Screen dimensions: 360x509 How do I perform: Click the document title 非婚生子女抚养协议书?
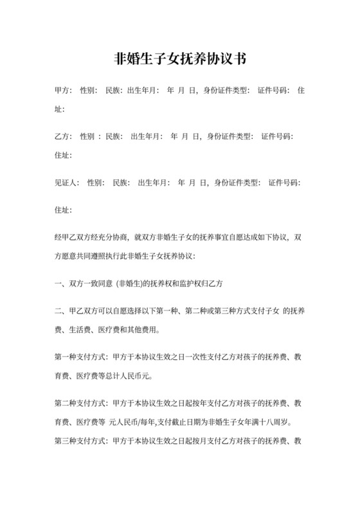coord(180,59)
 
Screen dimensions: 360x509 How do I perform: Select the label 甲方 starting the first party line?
coord(63,91)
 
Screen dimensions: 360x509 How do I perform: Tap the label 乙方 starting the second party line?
coord(63,137)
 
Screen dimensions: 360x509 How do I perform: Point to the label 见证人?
coord(67,183)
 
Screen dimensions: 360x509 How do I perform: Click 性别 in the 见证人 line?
coord(95,183)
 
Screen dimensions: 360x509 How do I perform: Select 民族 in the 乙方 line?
coord(113,137)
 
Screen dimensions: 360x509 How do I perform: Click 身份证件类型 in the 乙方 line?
coord(229,137)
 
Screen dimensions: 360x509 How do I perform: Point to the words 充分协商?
coord(114,237)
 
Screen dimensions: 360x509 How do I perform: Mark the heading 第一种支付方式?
coord(82,358)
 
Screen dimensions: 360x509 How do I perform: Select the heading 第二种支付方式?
coord(82,404)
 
